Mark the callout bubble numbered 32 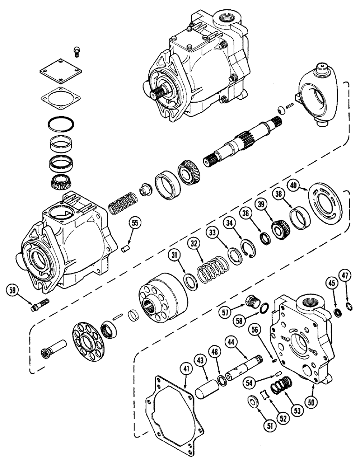[194, 243]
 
